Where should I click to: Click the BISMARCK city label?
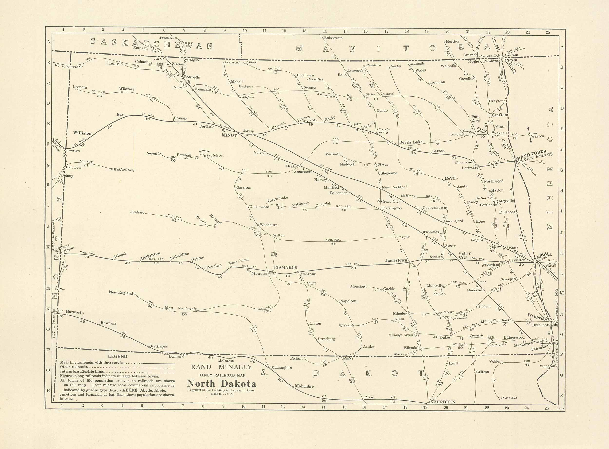[x=286, y=267]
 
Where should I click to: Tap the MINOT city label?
[x=229, y=135]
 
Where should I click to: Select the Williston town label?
[x=82, y=133]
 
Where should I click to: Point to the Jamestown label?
[x=396, y=260]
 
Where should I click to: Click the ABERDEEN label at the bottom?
[x=443, y=402]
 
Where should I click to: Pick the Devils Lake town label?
[x=410, y=142]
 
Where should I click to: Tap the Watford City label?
[x=124, y=170]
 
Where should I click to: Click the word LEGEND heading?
[x=117, y=356]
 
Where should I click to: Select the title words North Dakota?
[x=222, y=384]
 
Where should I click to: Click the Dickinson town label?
[x=150, y=256]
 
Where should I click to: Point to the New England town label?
[x=121, y=292]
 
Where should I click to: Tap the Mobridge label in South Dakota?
[x=304, y=386]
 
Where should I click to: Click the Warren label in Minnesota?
[x=537, y=136]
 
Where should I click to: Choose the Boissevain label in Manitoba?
[x=333, y=38]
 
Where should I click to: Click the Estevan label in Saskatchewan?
[x=141, y=48]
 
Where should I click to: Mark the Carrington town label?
[x=392, y=208]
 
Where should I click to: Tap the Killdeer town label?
[x=136, y=212]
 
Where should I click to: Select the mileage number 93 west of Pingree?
[x=333, y=243]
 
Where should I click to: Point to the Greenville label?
[x=509, y=398]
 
